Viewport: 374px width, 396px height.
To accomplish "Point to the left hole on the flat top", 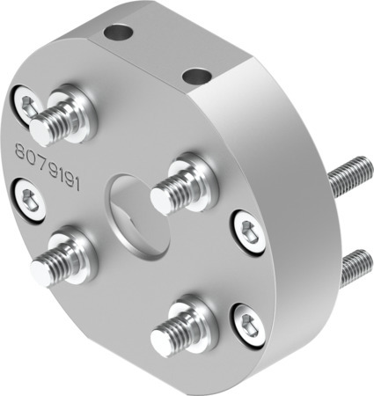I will [x=116, y=33].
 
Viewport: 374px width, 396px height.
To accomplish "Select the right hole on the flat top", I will [x=195, y=77].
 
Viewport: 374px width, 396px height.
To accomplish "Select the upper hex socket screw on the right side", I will [x=247, y=230].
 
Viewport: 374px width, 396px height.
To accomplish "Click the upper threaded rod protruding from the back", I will [x=349, y=176].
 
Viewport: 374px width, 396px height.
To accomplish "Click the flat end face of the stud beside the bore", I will [x=159, y=202].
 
